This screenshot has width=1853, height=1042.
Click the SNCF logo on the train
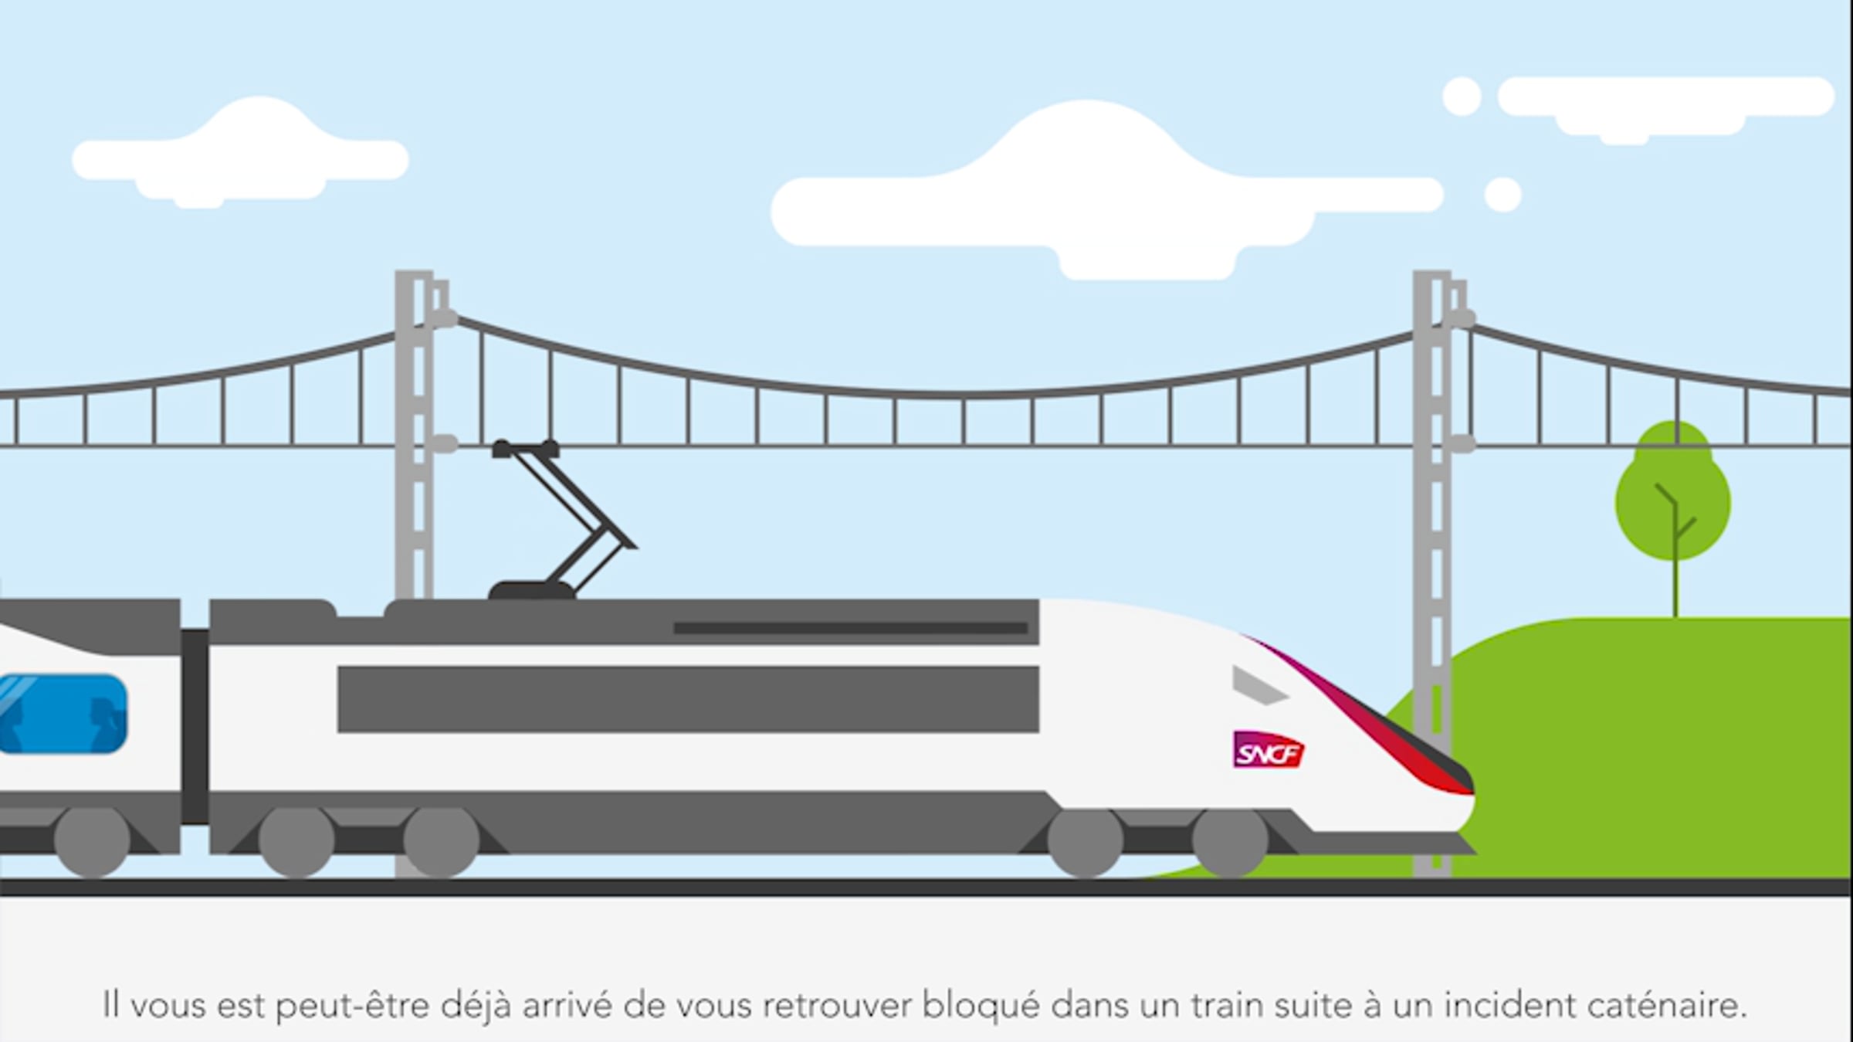1269,750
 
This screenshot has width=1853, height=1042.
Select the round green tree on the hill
1673,502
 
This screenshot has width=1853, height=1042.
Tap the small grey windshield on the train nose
1258,685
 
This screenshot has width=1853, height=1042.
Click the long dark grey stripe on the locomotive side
688,699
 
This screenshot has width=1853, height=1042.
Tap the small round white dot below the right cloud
1502,194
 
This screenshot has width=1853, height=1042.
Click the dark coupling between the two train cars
195,726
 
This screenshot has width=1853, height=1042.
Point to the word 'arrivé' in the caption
567,1006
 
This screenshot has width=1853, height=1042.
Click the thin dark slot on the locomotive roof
850,629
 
